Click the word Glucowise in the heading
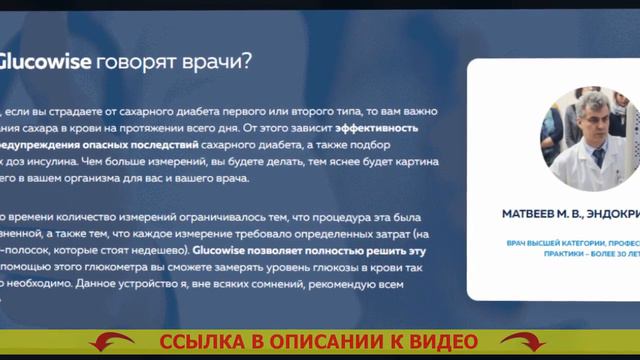44,62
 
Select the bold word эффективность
376,128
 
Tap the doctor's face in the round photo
590,118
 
